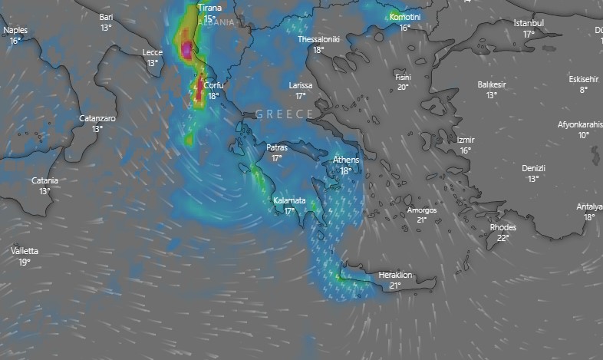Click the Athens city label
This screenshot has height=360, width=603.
point(346,160)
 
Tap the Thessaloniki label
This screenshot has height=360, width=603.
point(318,38)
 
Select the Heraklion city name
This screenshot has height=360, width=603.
point(395,275)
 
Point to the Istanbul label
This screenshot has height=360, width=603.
point(528,23)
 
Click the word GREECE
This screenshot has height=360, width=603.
point(284,114)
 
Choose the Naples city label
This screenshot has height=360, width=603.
point(15,30)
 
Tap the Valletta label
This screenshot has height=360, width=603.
point(25,251)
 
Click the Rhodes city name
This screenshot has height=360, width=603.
point(502,227)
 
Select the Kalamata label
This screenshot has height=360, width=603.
point(289,200)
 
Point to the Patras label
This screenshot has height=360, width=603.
point(277,147)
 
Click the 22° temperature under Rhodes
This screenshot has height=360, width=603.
point(502,238)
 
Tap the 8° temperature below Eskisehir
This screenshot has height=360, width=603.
point(583,90)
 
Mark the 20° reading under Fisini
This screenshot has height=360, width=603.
point(402,88)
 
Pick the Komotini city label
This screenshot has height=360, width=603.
point(405,16)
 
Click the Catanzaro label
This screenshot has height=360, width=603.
point(97,118)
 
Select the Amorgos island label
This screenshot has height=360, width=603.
point(421,210)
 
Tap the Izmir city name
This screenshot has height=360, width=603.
point(465,140)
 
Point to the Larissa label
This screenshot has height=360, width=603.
point(301,85)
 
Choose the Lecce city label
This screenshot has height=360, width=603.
point(153,52)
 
